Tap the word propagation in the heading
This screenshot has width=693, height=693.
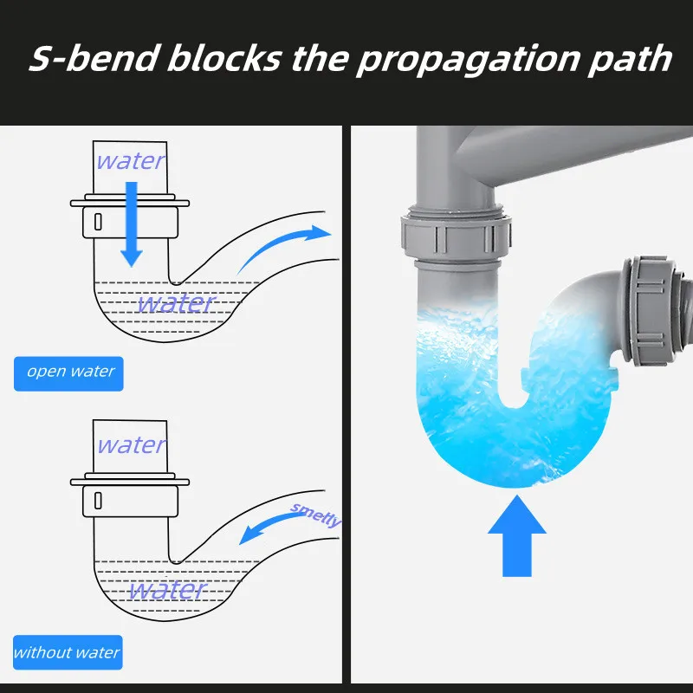point(468,61)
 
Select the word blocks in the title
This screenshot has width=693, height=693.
point(224,57)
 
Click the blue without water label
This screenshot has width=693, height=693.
point(68,652)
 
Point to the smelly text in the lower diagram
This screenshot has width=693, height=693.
point(315,515)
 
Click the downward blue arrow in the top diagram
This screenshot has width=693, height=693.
point(132,224)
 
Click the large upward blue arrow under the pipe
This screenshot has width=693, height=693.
point(517,535)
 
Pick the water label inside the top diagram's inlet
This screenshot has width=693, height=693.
point(131,161)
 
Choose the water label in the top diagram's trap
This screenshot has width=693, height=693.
point(176,303)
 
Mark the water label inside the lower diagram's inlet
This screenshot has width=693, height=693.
point(132,445)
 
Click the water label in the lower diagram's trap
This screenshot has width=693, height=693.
point(167,590)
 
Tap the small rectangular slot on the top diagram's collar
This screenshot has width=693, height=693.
point(98,222)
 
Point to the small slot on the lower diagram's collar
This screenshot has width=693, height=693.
point(98,501)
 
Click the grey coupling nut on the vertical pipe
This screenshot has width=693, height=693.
point(457,236)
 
